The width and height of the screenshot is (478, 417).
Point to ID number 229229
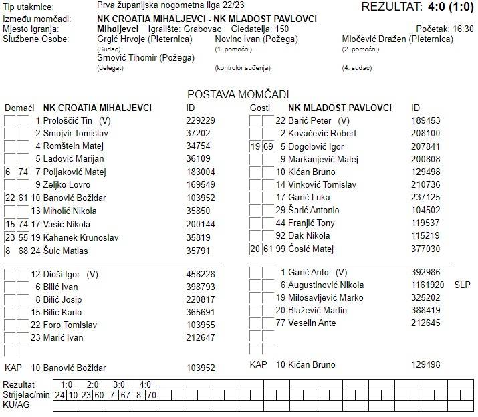201,120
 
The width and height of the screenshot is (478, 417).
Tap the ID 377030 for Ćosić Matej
426,249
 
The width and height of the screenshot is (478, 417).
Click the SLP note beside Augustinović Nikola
462,285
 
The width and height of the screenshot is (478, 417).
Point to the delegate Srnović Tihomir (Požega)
146,58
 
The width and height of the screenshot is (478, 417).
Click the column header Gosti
260,108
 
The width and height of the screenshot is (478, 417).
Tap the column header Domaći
19,108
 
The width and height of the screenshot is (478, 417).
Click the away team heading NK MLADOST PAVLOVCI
340,108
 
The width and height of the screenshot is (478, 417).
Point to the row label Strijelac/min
26,395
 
